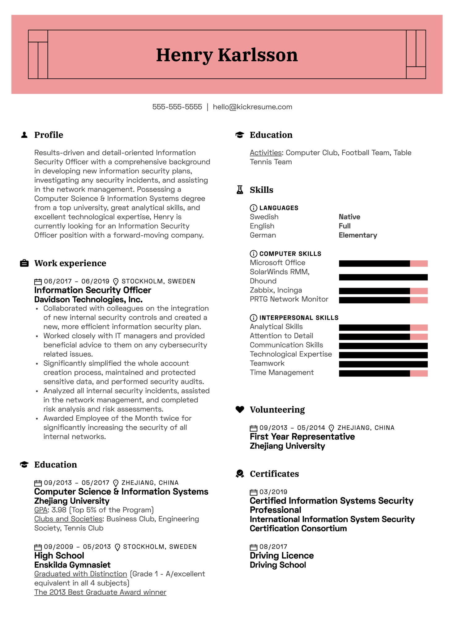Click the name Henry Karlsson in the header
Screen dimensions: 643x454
227,55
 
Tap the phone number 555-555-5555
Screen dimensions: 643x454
177,107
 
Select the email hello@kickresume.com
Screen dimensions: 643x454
252,107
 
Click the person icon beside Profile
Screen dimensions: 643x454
24,135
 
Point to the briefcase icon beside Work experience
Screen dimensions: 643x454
24,263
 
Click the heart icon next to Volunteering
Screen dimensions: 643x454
240,409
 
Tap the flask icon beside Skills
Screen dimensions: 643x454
240,190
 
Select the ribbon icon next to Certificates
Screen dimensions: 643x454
240,474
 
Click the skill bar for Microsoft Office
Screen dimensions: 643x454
383,263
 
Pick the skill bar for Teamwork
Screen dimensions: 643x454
383,364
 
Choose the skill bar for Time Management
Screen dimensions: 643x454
383,373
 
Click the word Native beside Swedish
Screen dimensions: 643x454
349,217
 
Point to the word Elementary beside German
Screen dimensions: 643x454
358,235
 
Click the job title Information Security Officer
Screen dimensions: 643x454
92,290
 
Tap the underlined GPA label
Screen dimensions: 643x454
41,510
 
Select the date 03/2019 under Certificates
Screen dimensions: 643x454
273,492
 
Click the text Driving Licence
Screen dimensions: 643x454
281,556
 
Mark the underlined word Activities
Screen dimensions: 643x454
266,153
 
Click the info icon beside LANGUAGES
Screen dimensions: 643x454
253,208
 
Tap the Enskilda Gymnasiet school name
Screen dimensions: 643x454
72,565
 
